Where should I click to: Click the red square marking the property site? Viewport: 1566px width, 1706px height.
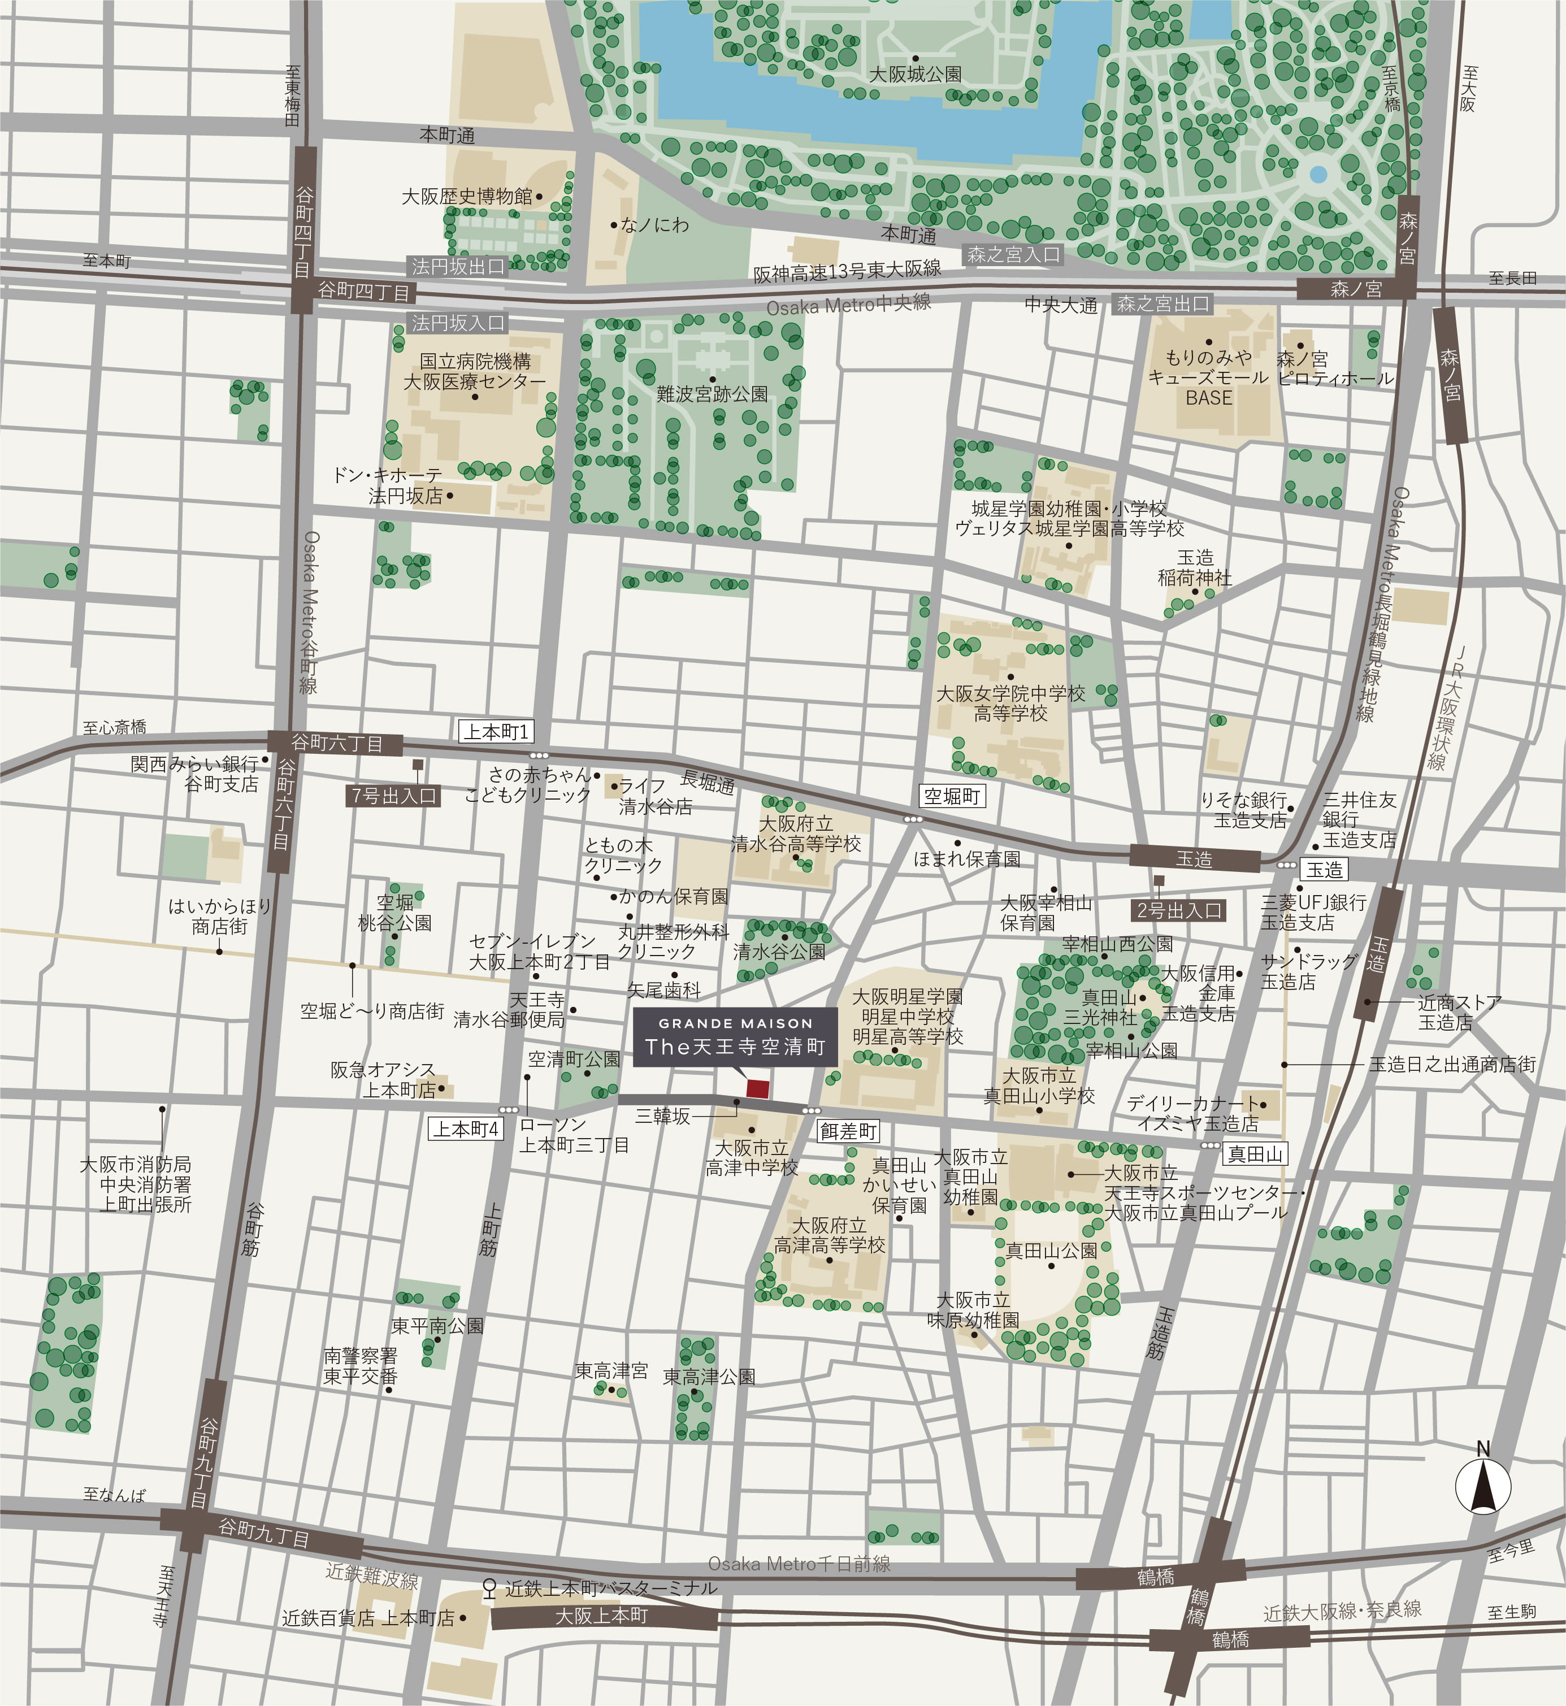757,1089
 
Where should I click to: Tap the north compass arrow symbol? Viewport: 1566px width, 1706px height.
1483,1487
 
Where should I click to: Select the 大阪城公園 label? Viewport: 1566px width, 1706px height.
915,75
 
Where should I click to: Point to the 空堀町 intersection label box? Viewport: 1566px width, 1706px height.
952,796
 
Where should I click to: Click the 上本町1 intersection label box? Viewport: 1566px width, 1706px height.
496,731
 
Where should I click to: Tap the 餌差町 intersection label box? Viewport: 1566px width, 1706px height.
848,1131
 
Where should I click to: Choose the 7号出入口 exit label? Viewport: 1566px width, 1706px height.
393,795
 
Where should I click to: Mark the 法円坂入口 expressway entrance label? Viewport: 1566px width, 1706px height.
458,323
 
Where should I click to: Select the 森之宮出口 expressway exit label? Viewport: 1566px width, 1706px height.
1162,303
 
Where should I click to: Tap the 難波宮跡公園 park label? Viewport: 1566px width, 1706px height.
712,394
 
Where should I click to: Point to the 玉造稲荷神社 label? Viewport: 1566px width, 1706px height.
1195,568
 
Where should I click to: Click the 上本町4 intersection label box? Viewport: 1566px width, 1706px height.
466,1129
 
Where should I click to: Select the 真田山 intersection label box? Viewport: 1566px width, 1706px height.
1255,1153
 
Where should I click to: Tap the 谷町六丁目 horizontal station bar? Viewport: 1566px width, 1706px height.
336,743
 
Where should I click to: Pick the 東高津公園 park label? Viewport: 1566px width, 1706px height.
709,1377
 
